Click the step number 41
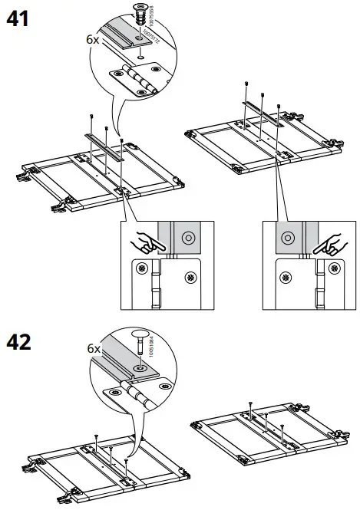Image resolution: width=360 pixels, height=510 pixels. point(18,18)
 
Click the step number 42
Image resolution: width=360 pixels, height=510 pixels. point(18,341)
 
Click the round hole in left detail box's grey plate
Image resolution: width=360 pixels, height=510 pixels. point(186,239)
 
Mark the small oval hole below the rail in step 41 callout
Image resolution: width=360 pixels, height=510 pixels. point(140,58)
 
